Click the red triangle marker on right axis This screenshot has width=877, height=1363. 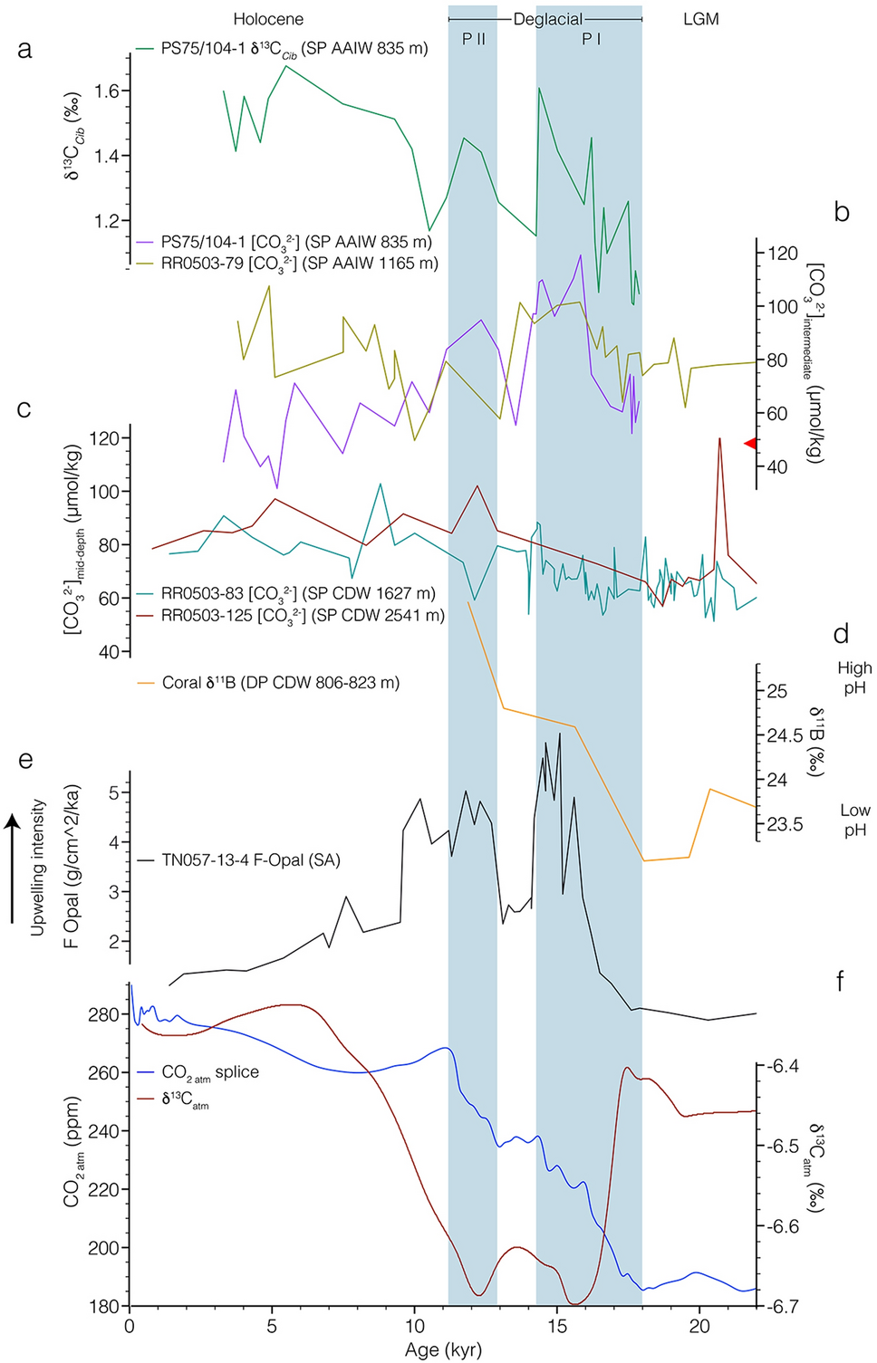coord(750,443)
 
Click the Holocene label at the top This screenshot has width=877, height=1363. coord(268,19)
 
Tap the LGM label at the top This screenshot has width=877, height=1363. coord(700,19)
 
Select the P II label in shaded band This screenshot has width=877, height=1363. coord(474,39)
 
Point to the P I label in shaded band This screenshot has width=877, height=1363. coord(591,39)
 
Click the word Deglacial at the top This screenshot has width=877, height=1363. coord(547,19)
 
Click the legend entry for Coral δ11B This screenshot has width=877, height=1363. coord(280,683)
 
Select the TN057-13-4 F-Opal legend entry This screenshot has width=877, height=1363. coord(250,859)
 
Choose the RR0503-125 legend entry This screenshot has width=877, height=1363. coord(303,616)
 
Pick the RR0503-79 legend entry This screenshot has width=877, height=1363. coord(299,264)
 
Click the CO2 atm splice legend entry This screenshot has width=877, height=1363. coord(209,1072)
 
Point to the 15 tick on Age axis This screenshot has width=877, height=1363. coord(557,1327)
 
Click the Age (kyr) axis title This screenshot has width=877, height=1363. coord(443,1350)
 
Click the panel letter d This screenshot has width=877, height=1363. coord(841,634)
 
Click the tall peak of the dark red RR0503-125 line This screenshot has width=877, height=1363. coord(719,439)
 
